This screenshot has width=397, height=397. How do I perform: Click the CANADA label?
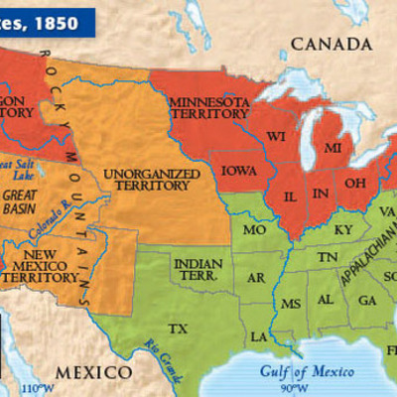[x=331, y=46]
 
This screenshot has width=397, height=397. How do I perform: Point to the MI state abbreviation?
[x=334, y=147]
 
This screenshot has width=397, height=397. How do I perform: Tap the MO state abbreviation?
[x=255, y=230]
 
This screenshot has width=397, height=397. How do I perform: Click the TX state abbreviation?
[x=179, y=328]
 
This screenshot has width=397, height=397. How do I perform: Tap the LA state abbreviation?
[x=258, y=336]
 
